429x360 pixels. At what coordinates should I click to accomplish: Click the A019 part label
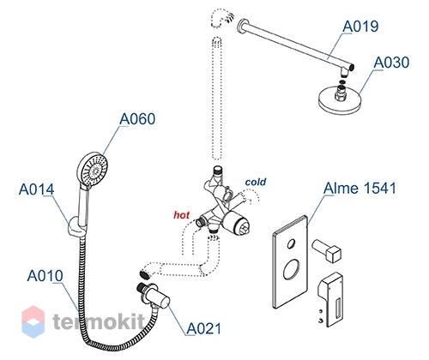360,27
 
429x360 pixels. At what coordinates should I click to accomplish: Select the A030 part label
391,63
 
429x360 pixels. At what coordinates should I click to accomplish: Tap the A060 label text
137,118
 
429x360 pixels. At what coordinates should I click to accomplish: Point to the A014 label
36,189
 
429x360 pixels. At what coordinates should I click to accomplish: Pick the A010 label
45,276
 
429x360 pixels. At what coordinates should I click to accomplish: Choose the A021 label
204,328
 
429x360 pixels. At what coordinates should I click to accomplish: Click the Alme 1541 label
360,189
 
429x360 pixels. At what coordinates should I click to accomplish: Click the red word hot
181,214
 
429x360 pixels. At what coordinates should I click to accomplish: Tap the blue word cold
256,182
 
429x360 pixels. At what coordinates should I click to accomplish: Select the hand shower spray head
93,169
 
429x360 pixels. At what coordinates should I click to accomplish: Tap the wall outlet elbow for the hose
154,297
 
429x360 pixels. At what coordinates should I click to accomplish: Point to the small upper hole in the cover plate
291,243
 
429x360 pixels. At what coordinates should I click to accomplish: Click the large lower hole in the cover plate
290,269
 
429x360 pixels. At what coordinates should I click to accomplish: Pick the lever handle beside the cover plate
329,299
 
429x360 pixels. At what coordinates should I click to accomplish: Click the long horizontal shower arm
296,45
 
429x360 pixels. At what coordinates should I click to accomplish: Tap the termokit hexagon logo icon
33,321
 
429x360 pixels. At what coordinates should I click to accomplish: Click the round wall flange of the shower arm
243,25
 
